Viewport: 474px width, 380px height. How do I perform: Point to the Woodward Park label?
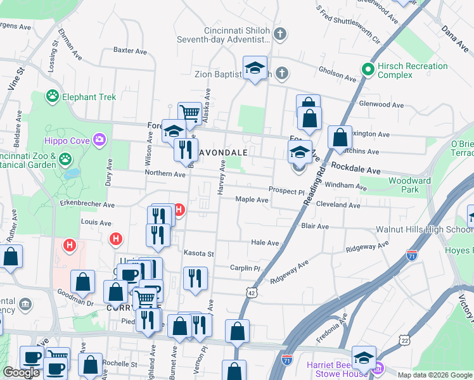pos(405,185)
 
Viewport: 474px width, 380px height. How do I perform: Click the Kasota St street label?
pos(199,253)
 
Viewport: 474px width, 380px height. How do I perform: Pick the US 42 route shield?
pos(252,293)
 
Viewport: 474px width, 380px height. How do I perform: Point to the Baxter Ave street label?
pos(130,50)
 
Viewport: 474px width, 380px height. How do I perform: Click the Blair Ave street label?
pos(315,226)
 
